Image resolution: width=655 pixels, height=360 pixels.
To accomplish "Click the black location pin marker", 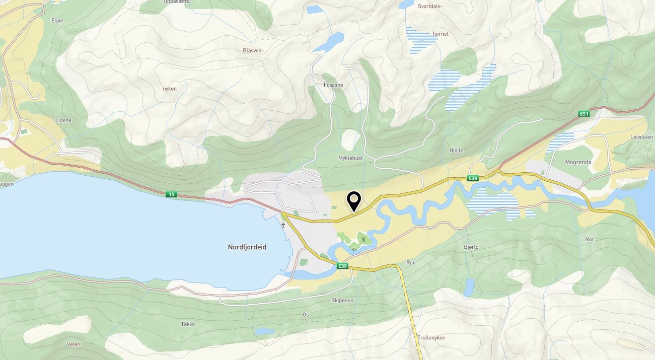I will (x=354, y=202).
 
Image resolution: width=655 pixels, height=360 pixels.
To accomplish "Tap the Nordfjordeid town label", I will (x=247, y=247).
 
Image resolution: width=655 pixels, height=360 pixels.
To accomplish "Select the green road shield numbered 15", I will (x=172, y=194).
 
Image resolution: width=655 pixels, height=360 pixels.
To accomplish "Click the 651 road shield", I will (x=584, y=114).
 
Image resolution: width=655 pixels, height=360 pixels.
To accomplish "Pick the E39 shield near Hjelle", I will (x=472, y=178).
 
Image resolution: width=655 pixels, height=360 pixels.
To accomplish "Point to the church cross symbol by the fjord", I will (x=283, y=225).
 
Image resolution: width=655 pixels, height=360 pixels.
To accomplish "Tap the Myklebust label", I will (x=350, y=158).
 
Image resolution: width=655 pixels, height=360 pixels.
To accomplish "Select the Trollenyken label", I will (x=431, y=338).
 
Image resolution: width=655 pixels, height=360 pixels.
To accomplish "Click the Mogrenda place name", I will (x=578, y=162).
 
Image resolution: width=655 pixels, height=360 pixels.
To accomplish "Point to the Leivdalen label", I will (x=641, y=137).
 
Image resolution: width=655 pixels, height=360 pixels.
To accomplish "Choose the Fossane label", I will (x=333, y=85).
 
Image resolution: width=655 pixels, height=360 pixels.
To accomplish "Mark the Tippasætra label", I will (x=177, y=2).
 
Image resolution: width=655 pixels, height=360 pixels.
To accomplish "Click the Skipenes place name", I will (x=342, y=300).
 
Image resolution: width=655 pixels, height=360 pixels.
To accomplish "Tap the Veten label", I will (x=74, y=344).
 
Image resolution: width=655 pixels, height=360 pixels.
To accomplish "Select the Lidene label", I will (x=63, y=121).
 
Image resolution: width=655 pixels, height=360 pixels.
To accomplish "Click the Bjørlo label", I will (x=471, y=247).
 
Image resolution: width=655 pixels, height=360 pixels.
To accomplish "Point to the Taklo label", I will (x=187, y=324).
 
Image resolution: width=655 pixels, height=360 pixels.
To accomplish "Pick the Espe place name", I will (x=58, y=21).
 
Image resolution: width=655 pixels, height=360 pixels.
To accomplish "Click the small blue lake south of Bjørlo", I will (x=469, y=287).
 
